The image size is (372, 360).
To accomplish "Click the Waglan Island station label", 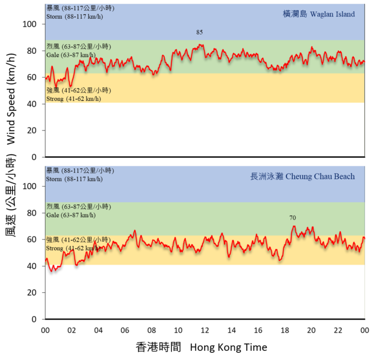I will [319, 14].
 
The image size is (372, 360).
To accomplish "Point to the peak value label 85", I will [200, 32].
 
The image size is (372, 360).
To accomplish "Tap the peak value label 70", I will [293, 218].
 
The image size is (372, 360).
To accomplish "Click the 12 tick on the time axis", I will [205, 330].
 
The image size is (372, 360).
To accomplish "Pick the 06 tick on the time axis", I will [125, 330].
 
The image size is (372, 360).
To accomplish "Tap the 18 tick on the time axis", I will [285, 330].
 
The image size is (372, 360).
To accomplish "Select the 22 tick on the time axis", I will [338, 330].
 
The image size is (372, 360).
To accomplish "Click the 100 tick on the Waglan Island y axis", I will [31, 24].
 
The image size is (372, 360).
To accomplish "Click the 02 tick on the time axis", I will [72, 330].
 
